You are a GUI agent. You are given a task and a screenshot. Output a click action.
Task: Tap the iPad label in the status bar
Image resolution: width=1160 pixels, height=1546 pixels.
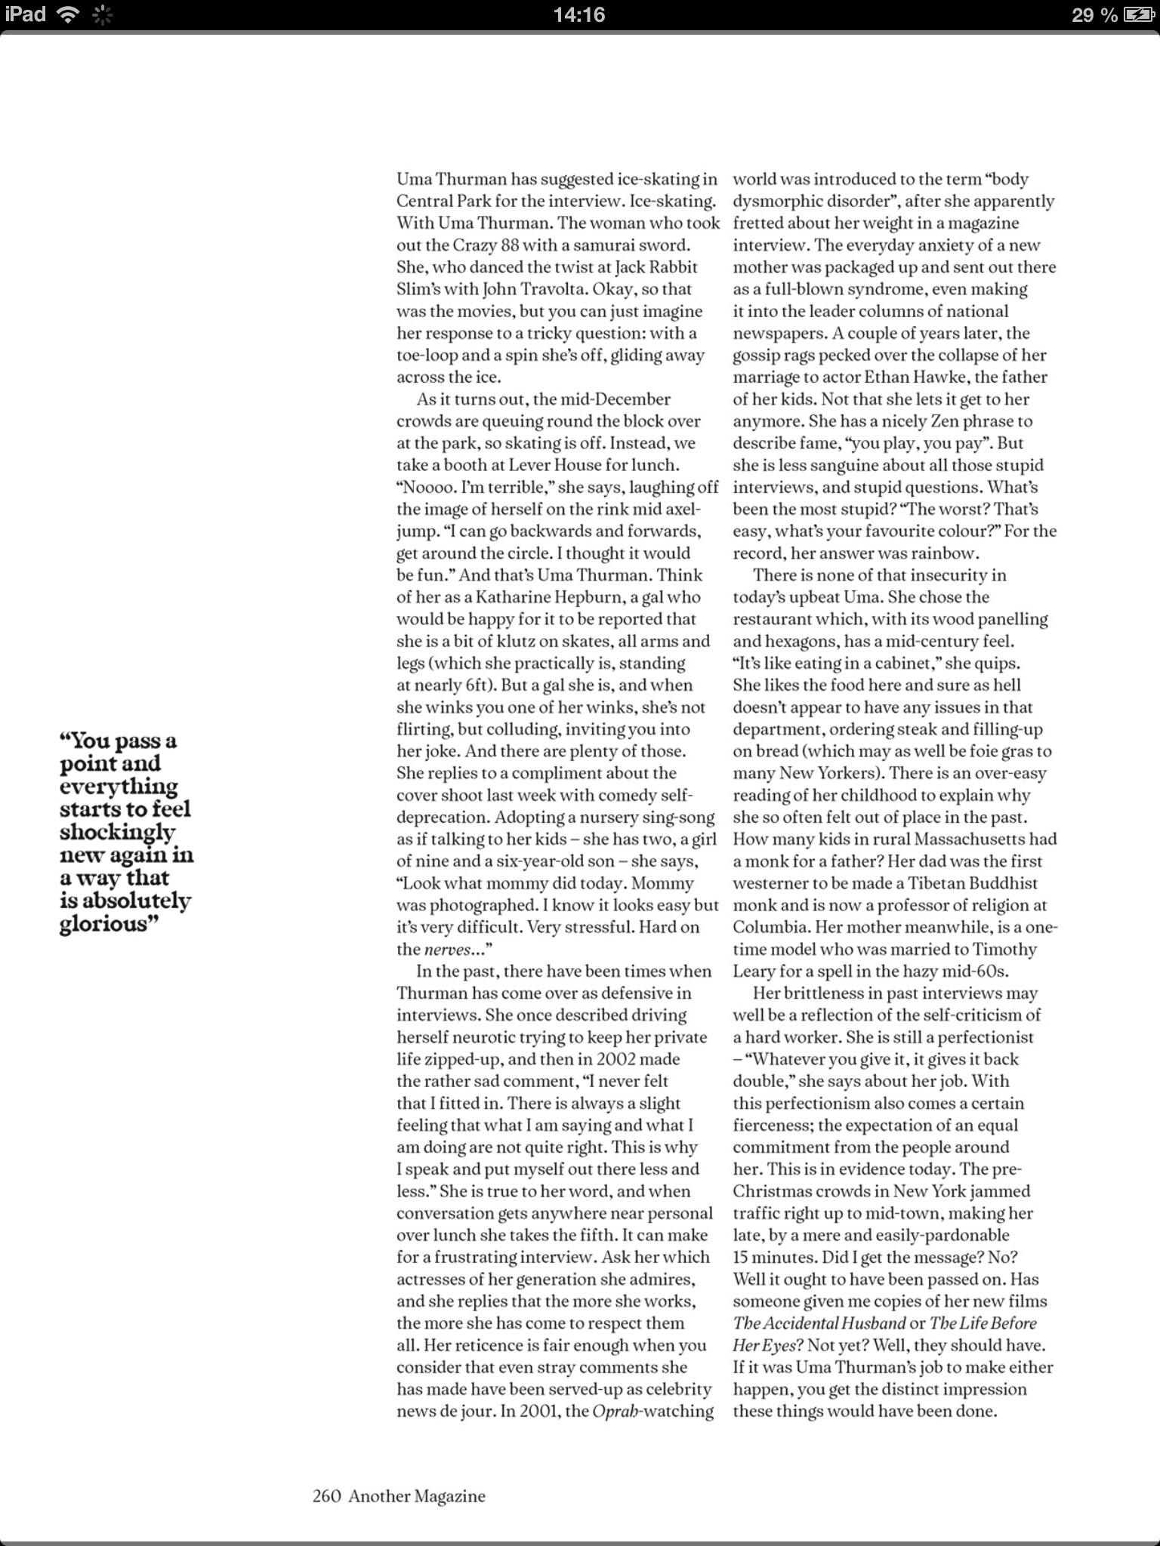pyautogui.click(x=25, y=14)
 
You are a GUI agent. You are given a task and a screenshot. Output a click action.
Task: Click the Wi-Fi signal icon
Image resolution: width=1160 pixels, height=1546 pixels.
pyautogui.click(x=69, y=14)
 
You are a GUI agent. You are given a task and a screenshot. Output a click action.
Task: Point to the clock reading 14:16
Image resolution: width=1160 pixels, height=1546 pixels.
pyautogui.click(x=579, y=14)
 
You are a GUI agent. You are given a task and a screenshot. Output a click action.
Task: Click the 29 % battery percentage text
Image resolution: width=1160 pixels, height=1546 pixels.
pyautogui.click(x=1094, y=14)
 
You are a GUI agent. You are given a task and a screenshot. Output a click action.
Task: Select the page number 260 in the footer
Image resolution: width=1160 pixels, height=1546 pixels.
pyautogui.click(x=327, y=1495)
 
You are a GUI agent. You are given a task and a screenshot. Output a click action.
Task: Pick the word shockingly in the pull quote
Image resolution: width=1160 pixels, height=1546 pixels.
pyautogui.click(x=117, y=832)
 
